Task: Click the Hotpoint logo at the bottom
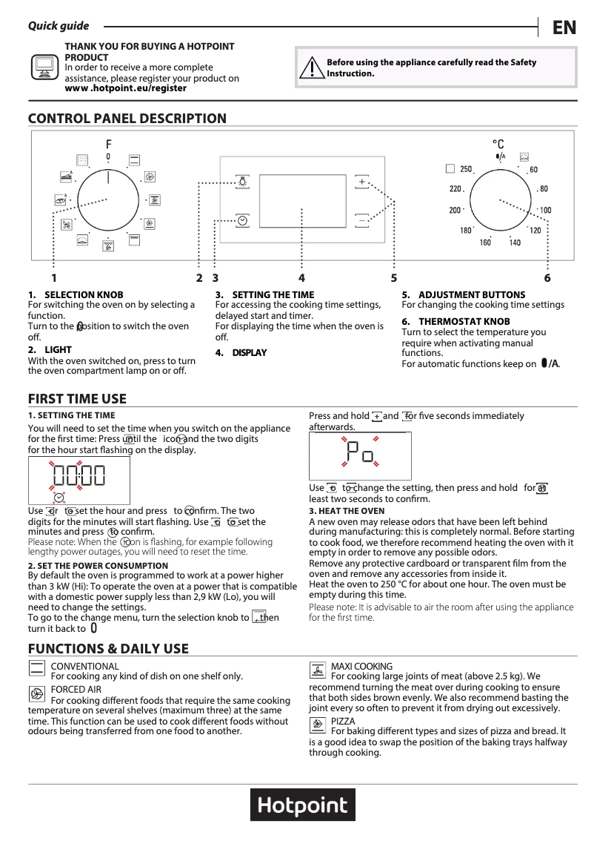[303, 807]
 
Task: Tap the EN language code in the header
[564, 27]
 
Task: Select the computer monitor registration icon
[44, 67]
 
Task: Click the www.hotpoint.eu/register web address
[126, 88]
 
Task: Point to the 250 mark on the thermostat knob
[466, 169]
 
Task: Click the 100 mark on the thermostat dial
[545, 211]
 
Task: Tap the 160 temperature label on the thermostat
[485, 243]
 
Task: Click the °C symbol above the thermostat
[498, 144]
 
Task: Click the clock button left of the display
[242, 220]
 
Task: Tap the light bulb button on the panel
[242, 182]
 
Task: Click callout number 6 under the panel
[547, 278]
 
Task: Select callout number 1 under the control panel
[54, 278]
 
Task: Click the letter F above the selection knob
[108, 144]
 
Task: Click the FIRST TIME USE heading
[77, 399]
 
